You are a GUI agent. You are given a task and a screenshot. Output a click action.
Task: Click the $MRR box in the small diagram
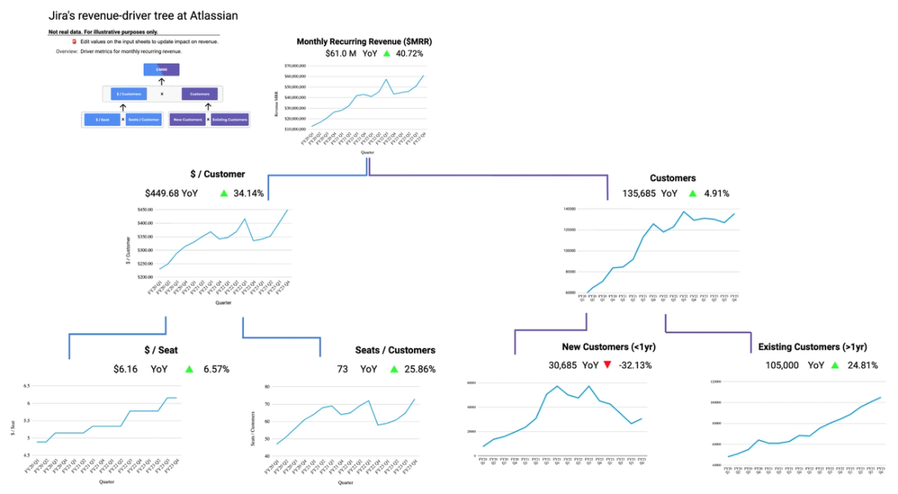coord(162,70)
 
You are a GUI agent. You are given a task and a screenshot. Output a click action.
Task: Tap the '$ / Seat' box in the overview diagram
coord(102,120)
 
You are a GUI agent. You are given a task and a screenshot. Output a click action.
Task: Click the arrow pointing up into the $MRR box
coord(162,82)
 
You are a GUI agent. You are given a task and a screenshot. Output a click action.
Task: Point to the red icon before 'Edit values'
coord(74,41)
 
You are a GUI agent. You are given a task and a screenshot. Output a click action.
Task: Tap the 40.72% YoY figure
coord(408,53)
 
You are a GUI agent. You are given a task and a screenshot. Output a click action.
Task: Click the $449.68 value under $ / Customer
coord(162,194)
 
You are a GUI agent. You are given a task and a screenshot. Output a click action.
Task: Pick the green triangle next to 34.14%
coord(224,194)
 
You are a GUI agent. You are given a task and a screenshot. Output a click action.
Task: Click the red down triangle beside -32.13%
coord(607,365)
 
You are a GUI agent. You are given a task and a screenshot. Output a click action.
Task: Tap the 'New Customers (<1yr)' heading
coord(609,347)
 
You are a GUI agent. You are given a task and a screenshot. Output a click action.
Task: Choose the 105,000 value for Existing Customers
coord(781,365)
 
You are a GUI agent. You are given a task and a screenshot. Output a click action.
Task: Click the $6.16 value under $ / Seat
coord(125,369)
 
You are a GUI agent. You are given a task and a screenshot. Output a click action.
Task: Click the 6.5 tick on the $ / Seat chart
coord(26,385)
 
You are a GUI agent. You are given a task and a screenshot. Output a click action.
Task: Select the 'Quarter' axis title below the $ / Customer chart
coord(223,303)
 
